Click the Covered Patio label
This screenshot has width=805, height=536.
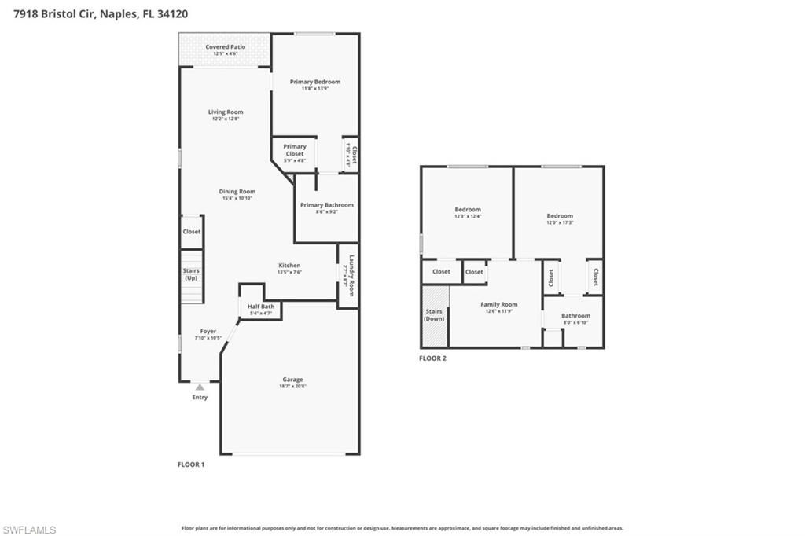[x=225, y=47]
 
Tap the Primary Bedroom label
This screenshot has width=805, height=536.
[x=314, y=82]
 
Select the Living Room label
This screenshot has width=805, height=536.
[x=226, y=112]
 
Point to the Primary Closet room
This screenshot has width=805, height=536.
[x=295, y=153]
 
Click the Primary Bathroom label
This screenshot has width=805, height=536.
[x=326, y=205]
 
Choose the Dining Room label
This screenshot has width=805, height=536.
[x=237, y=191]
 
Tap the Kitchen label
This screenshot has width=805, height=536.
[x=289, y=266]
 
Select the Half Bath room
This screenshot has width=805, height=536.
[x=261, y=309]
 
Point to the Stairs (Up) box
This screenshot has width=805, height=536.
[x=191, y=275]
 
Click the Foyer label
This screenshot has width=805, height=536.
[x=208, y=332]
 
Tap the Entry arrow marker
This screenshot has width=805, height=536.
[x=200, y=387]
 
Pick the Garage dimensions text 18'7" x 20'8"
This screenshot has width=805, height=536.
[x=292, y=387]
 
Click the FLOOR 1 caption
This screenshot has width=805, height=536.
[x=191, y=464]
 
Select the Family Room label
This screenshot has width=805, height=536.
[x=499, y=305]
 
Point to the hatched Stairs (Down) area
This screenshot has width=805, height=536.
[x=434, y=315]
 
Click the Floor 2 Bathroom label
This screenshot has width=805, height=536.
[x=575, y=316]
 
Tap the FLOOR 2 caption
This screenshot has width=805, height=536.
[x=432, y=358]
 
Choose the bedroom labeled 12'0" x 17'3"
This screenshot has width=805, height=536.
[x=560, y=218]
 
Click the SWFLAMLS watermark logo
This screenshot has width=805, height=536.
[x=29, y=530]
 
